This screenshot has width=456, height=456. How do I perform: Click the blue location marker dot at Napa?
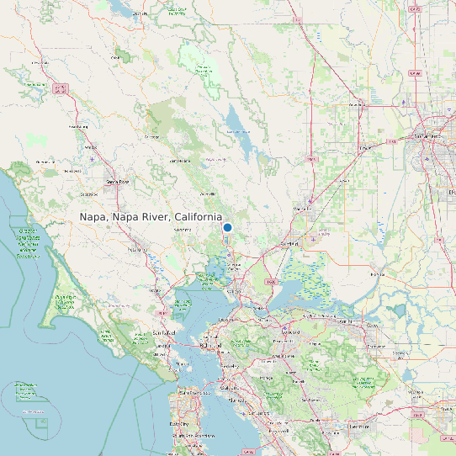[227, 227]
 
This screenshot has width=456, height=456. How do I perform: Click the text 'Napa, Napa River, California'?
[151, 217]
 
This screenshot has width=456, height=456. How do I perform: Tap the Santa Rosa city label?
[117, 181]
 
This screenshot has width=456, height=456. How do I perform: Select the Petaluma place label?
[137, 250]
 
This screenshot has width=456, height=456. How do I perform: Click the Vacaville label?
[302, 207]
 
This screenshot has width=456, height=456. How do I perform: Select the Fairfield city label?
[289, 244]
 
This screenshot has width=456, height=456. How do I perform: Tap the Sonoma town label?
[182, 229]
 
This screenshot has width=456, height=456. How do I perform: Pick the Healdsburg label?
[77, 127]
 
